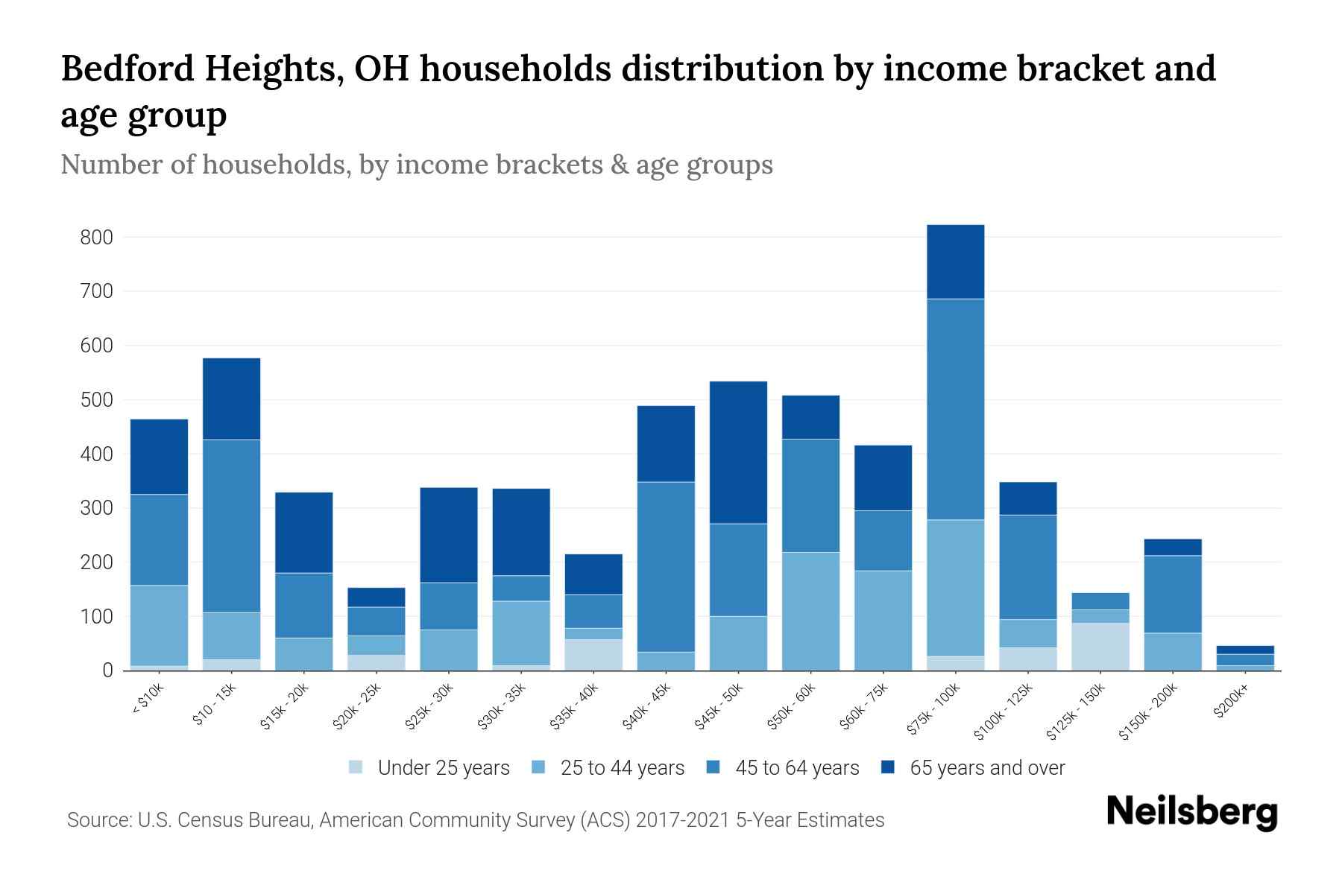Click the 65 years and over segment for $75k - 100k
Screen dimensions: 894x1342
pyautogui.click(x=955, y=261)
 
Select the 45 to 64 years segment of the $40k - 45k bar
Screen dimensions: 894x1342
pyautogui.click(x=666, y=566)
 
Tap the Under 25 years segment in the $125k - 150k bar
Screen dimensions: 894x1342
pyautogui.click(x=1100, y=647)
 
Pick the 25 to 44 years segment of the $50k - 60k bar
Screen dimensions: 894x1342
pyautogui.click(x=810, y=611)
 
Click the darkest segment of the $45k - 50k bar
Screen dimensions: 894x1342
pyautogui.click(x=738, y=452)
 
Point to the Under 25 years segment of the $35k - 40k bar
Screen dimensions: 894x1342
pyautogui.click(x=593, y=655)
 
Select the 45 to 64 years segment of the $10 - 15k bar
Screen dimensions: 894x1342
pyautogui.click(x=231, y=526)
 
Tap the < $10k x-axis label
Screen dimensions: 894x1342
pyautogui.click(x=147, y=700)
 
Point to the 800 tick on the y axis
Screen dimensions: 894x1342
pyautogui.click(x=96, y=238)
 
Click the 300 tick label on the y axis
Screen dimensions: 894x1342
pyautogui.click(x=96, y=509)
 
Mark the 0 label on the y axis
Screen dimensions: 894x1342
pyautogui.click(x=107, y=671)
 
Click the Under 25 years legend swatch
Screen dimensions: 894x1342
pyautogui.click(x=356, y=767)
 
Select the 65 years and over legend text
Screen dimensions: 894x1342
pyautogui.click(x=986, y=768)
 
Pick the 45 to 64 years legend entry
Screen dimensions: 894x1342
pyautogui.click(x=796, y=768)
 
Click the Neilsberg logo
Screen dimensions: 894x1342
pyautogui.click(x=1191, y=812)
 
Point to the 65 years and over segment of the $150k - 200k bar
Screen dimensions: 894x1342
pyautogui.click(x=1172, y=547)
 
